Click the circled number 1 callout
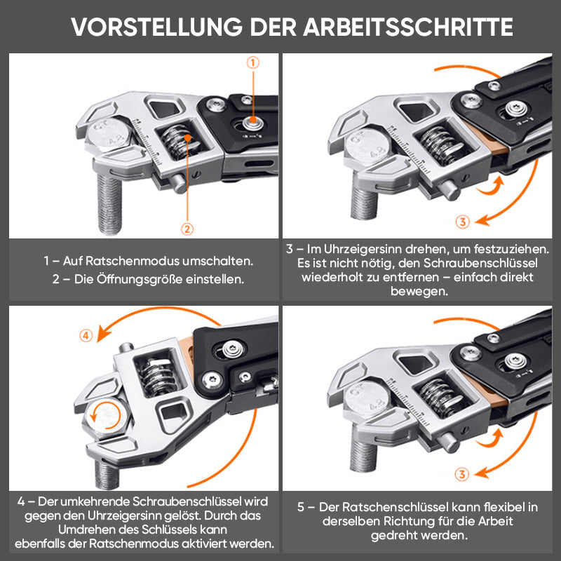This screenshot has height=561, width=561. tap(253, 62)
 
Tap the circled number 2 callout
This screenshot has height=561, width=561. tap(187, 229)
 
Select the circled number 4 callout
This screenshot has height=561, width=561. tap(86, 336)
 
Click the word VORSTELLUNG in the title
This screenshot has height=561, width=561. tap(156, 27)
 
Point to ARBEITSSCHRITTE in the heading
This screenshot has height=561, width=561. tap(408, 27)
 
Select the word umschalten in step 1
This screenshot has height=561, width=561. tap(217, 261)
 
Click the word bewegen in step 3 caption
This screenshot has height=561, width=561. tap(419, 291)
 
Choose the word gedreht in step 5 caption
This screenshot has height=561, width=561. tap(392, 536)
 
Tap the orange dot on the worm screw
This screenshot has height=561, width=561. tap(187, 137)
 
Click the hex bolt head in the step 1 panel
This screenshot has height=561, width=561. tap(109, 135)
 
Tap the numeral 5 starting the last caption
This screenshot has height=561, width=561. tap(301, 507)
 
